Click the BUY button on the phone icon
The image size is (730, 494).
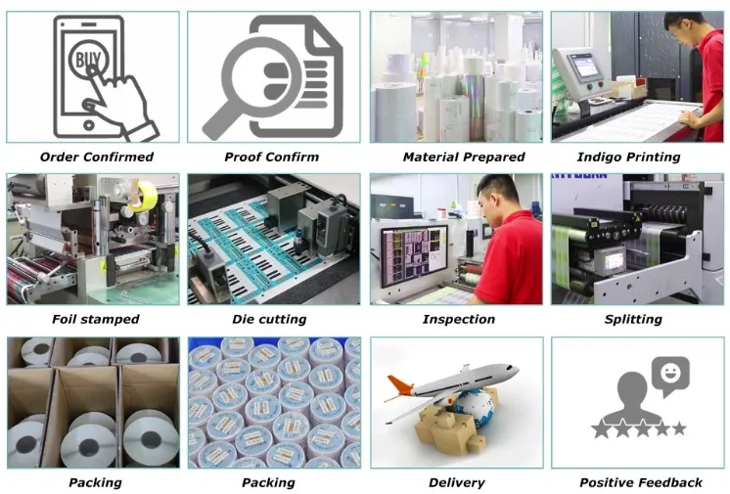click(85, 61)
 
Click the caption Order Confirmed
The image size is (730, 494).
click(96, 157)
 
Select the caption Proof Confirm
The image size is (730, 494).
click(268, 157)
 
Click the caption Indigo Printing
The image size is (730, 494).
click(642, 157)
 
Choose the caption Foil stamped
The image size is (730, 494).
click(96, 319)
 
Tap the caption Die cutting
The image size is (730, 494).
click(268, 319)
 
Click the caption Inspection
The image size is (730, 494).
click(458, 319)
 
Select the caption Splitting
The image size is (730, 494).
click(642, 319)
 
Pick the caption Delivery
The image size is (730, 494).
click(457, 482)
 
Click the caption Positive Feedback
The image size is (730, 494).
click(641, 482)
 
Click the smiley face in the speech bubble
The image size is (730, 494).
click(670, 373)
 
